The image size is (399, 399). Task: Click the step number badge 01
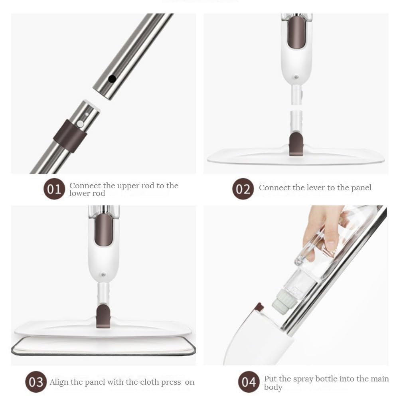pos(54,189)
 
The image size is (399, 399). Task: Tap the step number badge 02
pos(243,189)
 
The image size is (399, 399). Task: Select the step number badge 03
pos(36,382)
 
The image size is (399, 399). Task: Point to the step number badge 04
pos(249,382)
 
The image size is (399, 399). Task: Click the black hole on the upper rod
pos(112,79)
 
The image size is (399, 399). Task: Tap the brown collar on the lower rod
pos(70,136)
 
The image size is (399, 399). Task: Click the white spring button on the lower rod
pos(80,124)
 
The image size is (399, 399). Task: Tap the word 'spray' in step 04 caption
pos(303,379)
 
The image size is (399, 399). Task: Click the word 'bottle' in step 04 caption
pos(326,378)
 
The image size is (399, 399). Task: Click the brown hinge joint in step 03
pos(103,316)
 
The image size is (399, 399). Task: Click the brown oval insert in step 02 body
pos(296,32)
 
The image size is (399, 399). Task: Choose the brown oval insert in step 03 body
pos(103,230)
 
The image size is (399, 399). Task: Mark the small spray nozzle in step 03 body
pos(103,275)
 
